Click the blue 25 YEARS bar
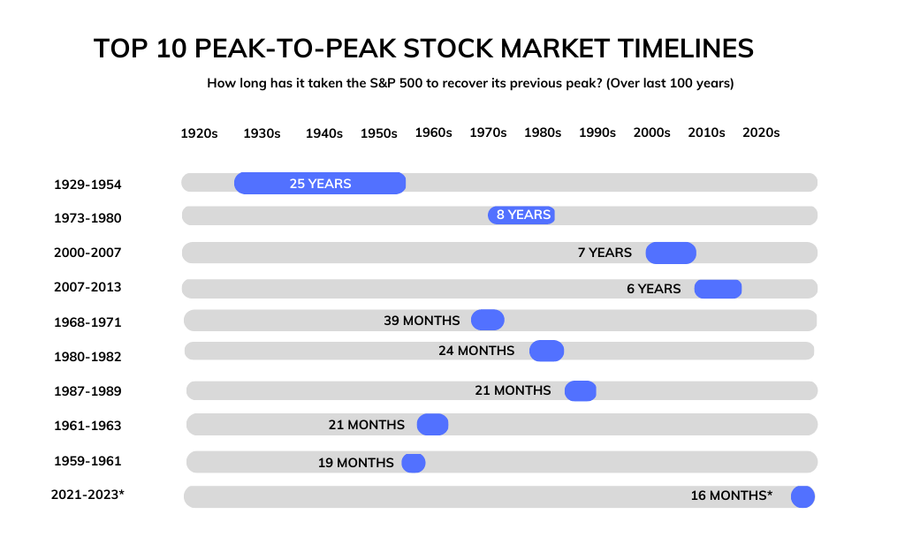tap(319, 183)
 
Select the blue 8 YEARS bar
tap(521, 215)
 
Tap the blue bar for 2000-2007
tap(671, 253)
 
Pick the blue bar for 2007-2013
tap(718, 289)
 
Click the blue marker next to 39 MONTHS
tap(488, 320)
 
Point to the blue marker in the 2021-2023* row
tap(802, 496)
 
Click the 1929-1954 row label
tap(87, 185)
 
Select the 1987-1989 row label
tap(87, 391)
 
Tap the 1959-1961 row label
tap(87, 461)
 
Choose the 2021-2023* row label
tap(87, 495)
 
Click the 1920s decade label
tap(199, 132)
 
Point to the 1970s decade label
tap(488, 132)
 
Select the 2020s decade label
tap(761, 132)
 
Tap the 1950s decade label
tap(379, 132)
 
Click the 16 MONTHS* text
tap(732, 495)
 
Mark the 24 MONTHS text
tap(476, 351)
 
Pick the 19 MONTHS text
tap(356, 463)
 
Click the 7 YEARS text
tap(605, 253)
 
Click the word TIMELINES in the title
tap(678, 49)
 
